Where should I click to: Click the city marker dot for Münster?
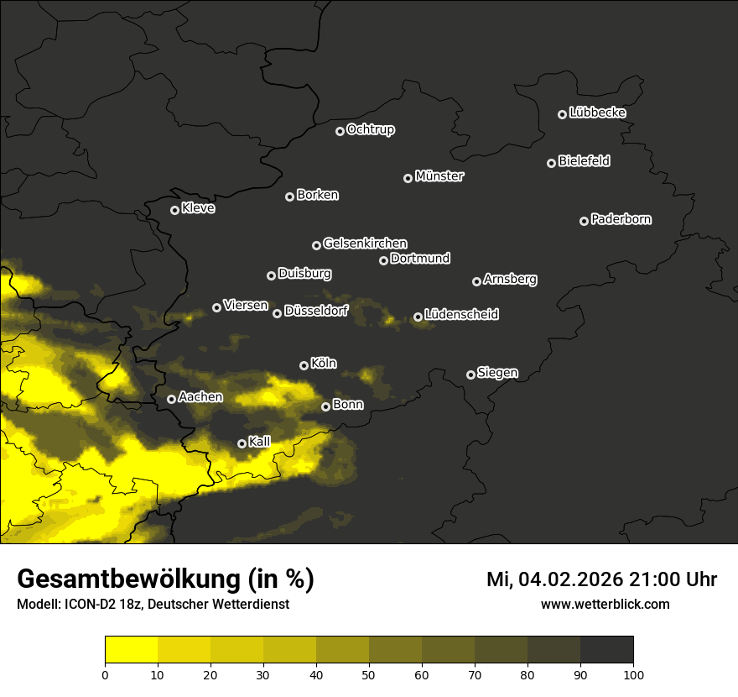408,178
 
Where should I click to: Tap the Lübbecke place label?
597,113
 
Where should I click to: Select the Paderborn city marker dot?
585,221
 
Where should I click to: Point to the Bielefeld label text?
584,161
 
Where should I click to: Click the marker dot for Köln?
304,365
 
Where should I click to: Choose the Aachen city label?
200,397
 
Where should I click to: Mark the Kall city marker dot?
242,443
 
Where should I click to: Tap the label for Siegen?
497,373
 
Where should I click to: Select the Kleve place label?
198,208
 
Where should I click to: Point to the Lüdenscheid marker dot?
418,317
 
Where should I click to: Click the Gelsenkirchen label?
365,244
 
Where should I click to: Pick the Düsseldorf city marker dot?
278,313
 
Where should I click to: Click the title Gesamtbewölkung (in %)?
165,579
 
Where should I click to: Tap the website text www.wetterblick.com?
605,604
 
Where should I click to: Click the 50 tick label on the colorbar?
369,674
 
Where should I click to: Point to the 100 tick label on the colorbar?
633,674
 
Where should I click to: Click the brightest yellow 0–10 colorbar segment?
132,650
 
